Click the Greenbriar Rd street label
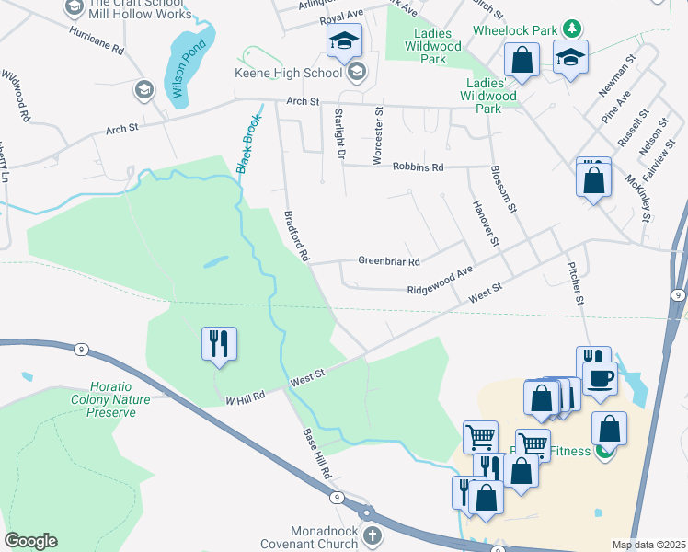388,260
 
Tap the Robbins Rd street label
418,167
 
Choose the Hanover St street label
485,222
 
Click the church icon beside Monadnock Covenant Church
372,535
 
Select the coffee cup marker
600,378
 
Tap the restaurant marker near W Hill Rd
219,344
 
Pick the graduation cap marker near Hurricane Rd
143,89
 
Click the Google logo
30,541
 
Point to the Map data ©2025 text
648,545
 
